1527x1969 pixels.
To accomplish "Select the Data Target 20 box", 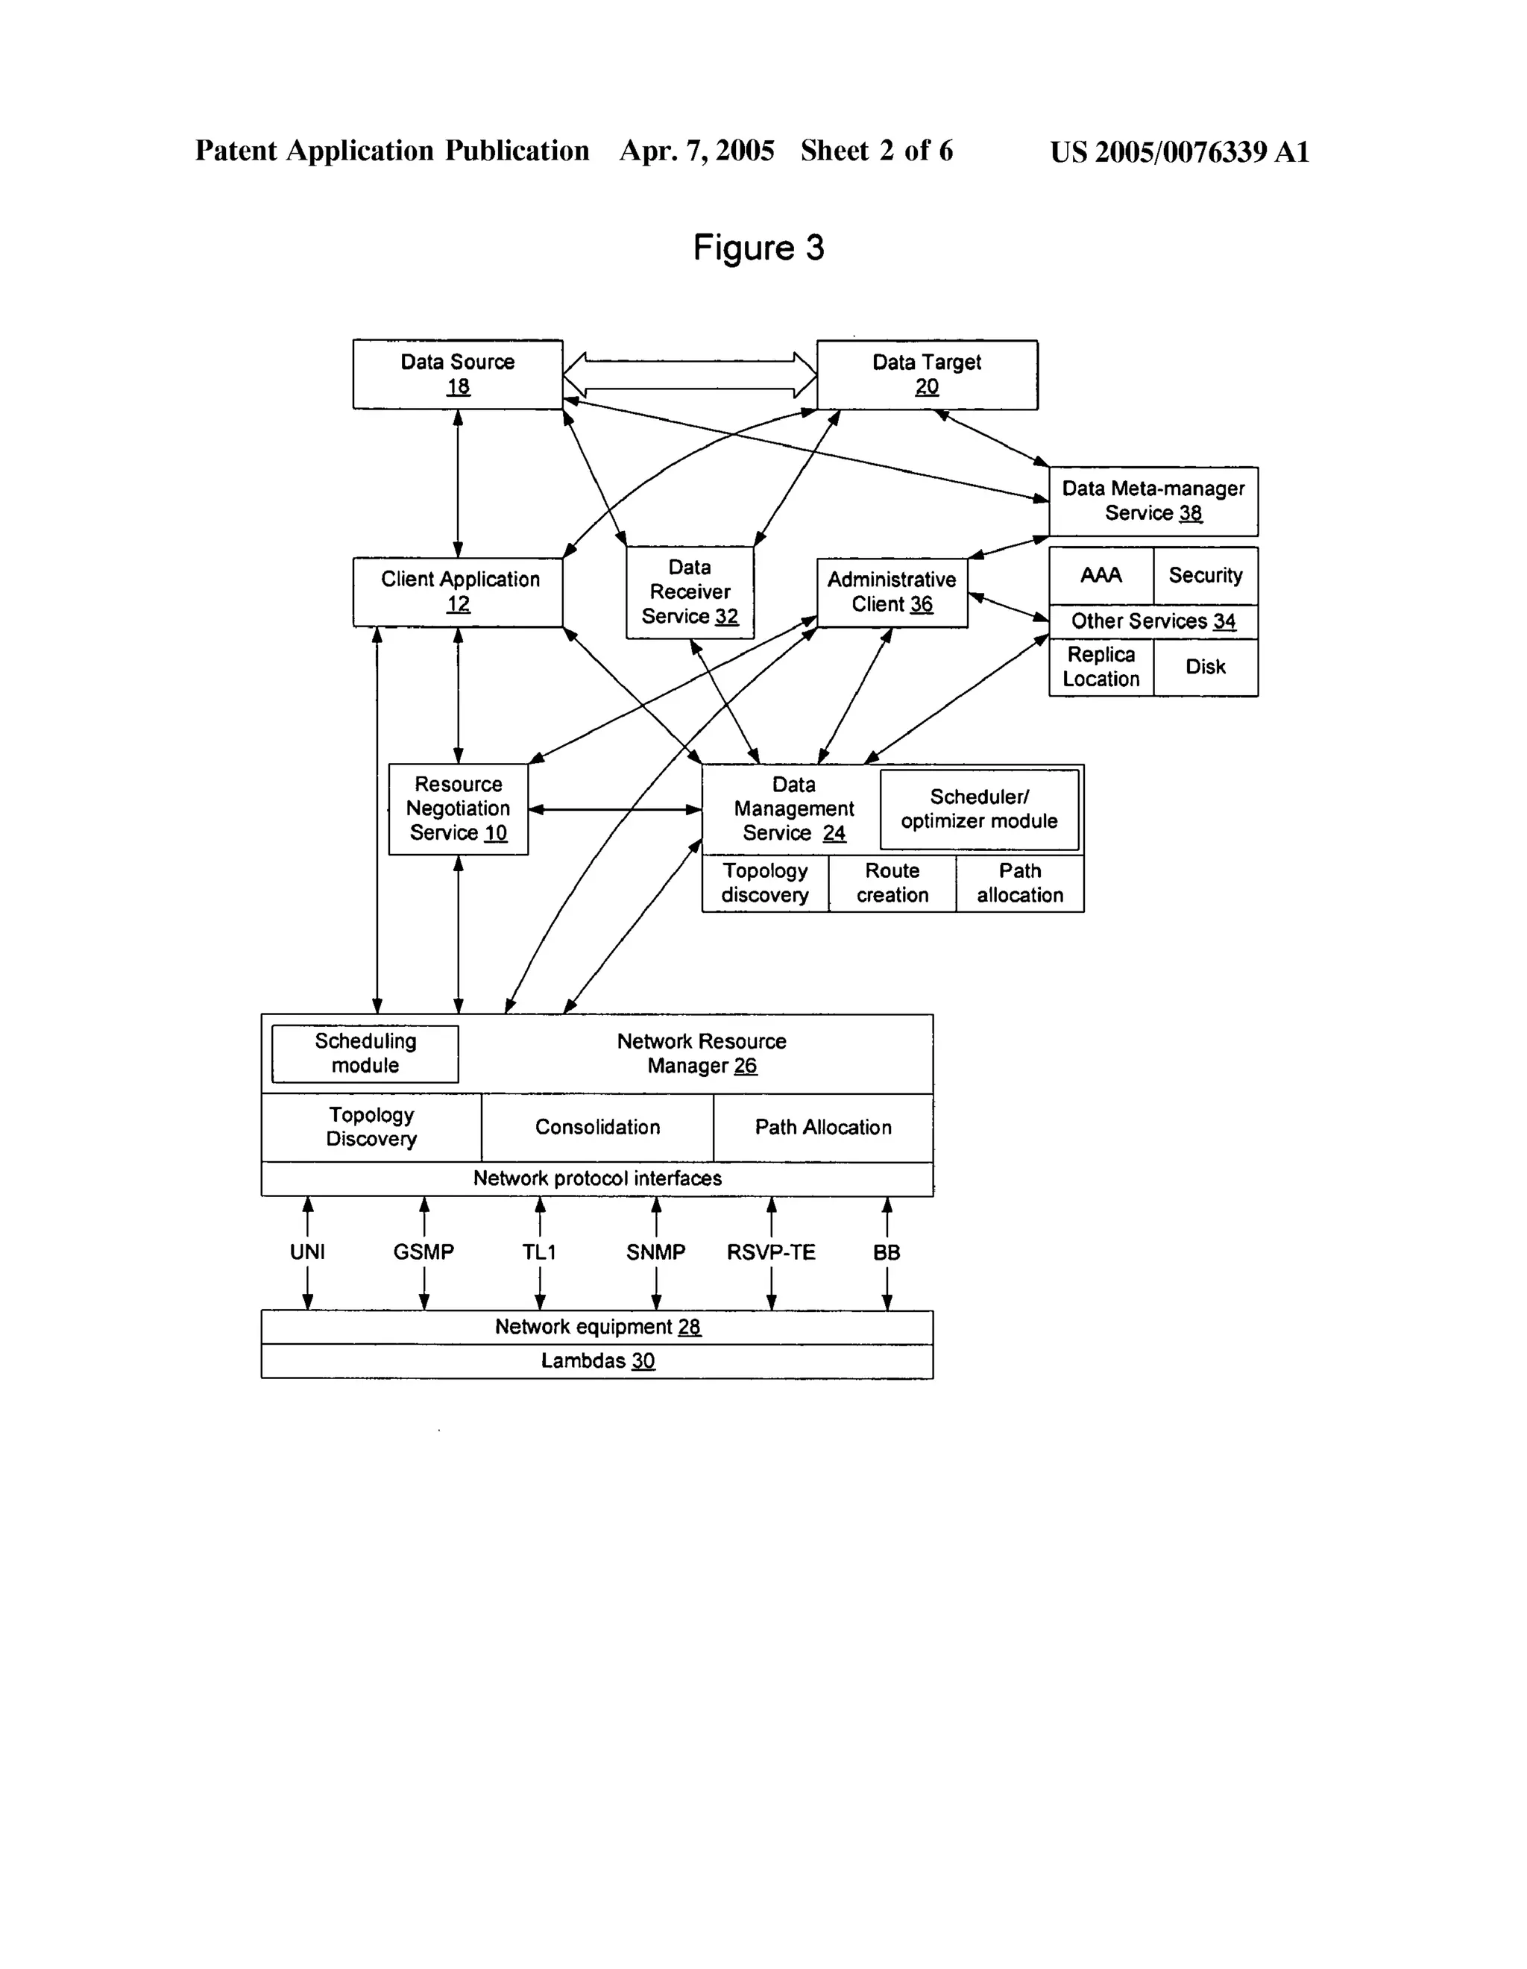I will click(x=926, y=374).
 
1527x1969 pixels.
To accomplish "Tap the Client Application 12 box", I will click(x=457, y=591).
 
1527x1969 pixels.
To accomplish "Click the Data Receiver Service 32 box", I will click(x=690, y=591).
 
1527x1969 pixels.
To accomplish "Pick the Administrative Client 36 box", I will click(x=892, y=591).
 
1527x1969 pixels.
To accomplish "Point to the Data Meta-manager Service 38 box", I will click(x=1152, y=500).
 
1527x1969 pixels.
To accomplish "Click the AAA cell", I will click(x=1100, y=575).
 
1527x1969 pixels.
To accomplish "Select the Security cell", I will click(x=1204, y=575).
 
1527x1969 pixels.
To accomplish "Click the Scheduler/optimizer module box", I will click(x=978, y=808).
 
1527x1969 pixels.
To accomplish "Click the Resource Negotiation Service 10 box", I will click(x=457, y=808).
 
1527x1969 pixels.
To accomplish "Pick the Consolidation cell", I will click(x=596, y=1127).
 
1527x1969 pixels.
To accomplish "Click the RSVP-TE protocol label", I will click(x=771, y=1252).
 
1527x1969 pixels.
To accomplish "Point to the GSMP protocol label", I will click(x=423, y=1252).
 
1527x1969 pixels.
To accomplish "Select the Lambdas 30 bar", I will click(x=596, y=1360).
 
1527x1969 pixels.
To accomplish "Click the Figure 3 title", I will click(x=758, y=247).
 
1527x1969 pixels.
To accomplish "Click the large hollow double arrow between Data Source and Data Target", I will click(x=690, y=374).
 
